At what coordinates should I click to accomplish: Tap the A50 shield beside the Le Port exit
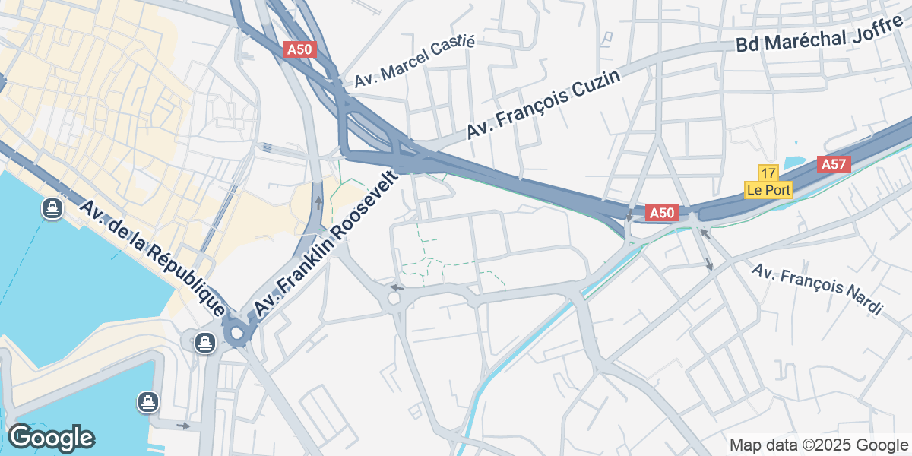(x=661, y=214)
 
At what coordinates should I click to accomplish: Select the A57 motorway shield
(x=834, y=164)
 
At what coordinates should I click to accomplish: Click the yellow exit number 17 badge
(x=768, y=173)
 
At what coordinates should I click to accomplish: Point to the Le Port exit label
(x=768, y=190)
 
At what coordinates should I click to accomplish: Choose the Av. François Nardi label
(x=818, y=289)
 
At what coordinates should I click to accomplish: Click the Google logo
(x=51, y=438)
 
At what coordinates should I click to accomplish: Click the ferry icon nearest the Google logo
(x=148, y=402)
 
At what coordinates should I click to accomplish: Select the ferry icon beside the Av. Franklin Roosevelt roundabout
(x=204, y=342)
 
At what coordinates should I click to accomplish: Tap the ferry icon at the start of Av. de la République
(x=52, y=208)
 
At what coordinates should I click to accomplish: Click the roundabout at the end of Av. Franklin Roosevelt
(x=236, y=332)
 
